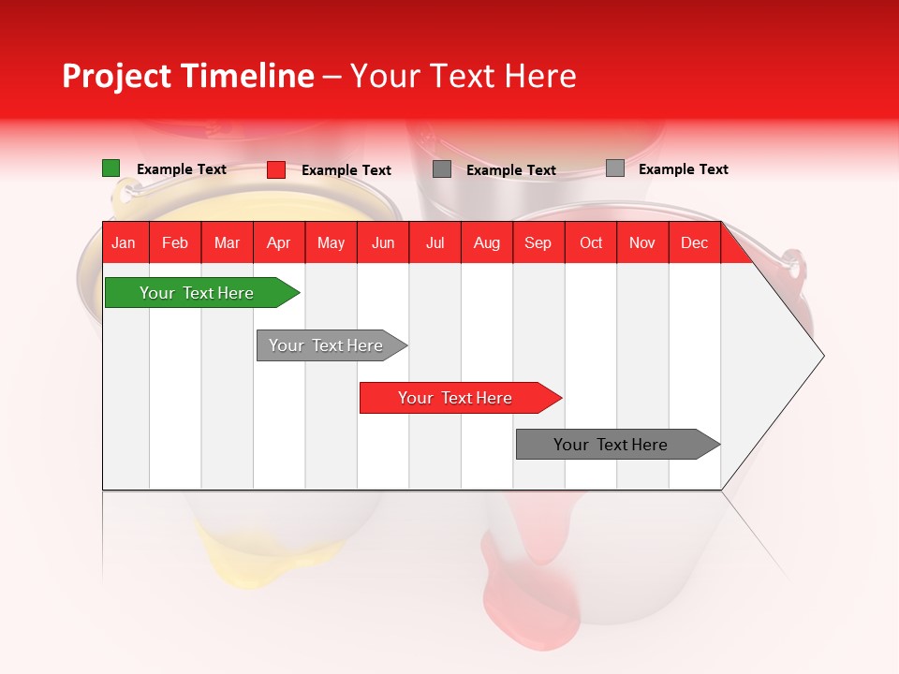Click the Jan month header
point(124,242)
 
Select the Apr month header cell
point(278,242)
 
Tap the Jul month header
point(435,242)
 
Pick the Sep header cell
point(538,242)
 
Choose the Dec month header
point(694,242)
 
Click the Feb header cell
point(175,242)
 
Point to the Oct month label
point(591,242)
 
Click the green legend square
point(111,168)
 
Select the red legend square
point(275,169)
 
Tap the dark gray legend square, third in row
point(442,169)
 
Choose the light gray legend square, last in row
point(615,168)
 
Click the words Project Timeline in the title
point(187,76)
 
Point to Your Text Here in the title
point(463,76)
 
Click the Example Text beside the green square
point(182,169)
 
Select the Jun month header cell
point(383,242)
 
